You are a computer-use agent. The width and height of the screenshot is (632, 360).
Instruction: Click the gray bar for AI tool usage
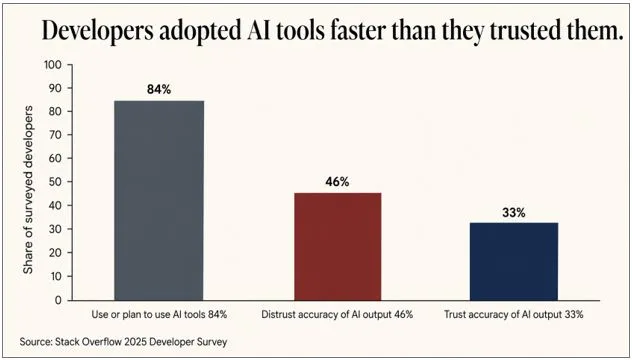[x=159, y=200]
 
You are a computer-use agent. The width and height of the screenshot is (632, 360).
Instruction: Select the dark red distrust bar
[x=337, y=246]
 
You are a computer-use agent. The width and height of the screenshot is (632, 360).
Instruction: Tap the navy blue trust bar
[x=514, y=261]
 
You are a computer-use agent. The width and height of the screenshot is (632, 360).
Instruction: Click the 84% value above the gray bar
[x=159, y=89]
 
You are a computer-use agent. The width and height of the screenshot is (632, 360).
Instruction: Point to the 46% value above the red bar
[x=337, y=182]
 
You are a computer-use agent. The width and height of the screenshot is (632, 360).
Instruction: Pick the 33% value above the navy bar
[x=514, y=213]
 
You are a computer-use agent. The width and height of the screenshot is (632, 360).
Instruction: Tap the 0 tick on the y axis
[x=58, y=300]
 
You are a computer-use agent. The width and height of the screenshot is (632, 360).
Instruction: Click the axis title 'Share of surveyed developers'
[x=27, y=190]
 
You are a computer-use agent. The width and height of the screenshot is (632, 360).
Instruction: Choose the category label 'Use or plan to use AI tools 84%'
[x=160, y=315]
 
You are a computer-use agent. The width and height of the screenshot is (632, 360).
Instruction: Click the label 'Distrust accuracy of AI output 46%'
[x=337, y=315]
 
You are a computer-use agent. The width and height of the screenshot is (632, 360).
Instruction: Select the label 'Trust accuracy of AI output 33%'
[x=514, y=315]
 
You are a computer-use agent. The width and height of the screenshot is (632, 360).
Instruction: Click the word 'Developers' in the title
[x=98, y=31]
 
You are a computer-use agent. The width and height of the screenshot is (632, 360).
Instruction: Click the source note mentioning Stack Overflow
[x=123, y=342]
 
